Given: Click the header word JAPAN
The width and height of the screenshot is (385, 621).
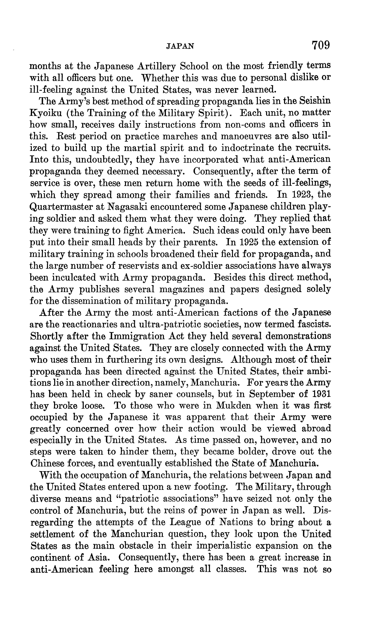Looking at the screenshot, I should pyautogui.click(x=180, y=46).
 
